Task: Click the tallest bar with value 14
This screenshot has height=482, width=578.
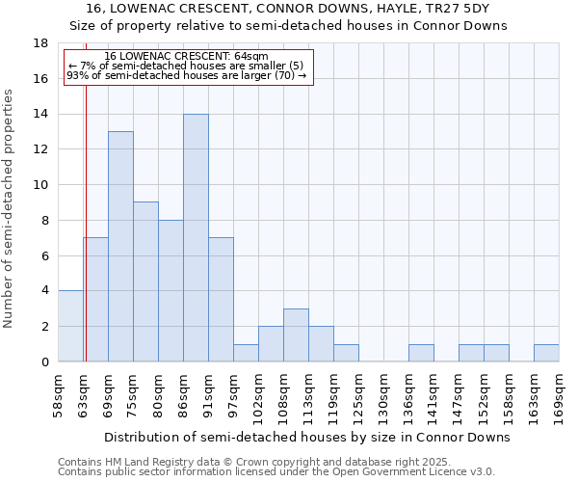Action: pyautogui.click(x=196, y=238)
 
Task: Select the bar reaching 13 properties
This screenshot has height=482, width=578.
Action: pyautogui.click(x=120, y=247)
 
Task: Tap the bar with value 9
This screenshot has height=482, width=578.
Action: pyautogui.click(x=145, y=281)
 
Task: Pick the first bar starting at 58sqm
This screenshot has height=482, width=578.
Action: pyautogui.click(x=70, y=326)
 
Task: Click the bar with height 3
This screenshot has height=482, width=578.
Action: pyautogui.click(x=296, y=335)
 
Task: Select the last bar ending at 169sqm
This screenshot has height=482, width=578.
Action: pyautogui.click(x=546, y=353)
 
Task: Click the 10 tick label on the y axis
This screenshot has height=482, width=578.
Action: pyautogui.click(x=40, y=185)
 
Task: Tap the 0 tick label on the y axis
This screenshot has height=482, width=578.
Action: pyautogui.click(x=44, y=361)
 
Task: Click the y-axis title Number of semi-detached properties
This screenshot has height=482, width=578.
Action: pyautogui.click(x=10, y=208)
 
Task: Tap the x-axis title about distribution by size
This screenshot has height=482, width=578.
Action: pyautogui.click(x=306, y=437)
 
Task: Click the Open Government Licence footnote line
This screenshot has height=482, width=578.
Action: pyautogui.click(x=276, y=472)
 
